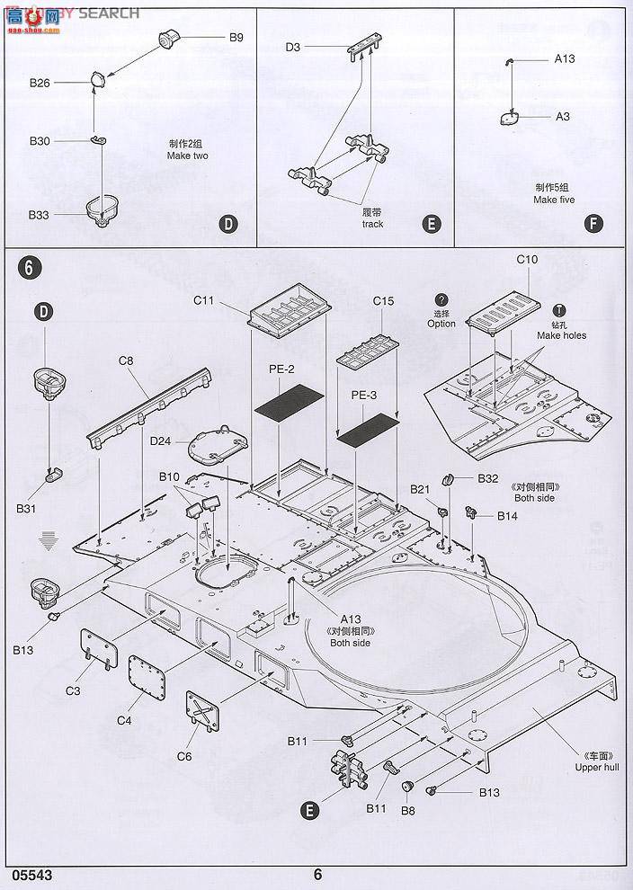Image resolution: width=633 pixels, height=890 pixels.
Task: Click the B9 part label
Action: pyautogui.click(x=236, y=38)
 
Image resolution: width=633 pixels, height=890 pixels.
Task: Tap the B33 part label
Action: pyautogui.click(x=39, y=215)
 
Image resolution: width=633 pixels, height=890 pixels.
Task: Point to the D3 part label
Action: pyautogui.click(x=293, y=47)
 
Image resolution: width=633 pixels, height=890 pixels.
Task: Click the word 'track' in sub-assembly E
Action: pyautogui.click(x=372, y=224)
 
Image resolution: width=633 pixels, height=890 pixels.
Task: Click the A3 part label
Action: pyautogui.click(x=562, y=117)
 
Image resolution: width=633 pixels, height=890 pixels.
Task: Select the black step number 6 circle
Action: pyautogui.click(x=29, y=267)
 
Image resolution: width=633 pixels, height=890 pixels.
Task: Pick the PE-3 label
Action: pyautogui.click(x=364, y=395)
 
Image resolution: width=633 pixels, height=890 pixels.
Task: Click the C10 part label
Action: pyautogui.click(x=527, y=260)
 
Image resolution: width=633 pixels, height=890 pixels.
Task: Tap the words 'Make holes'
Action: pyautogui.click(x=561, y=335)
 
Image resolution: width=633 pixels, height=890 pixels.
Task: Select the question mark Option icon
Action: pyautogui.click(x=441, y=300)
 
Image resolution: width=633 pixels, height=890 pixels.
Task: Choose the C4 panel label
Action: pyautogui.click(x=125, y=721)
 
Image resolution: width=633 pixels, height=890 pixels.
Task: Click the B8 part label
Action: pyautogui.click(x=408, y=810)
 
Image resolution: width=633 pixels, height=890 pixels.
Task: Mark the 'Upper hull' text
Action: pyautogui.click(x=597, y=767)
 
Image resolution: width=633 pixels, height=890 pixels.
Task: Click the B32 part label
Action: pyautogui.click(x=487, y=478)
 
